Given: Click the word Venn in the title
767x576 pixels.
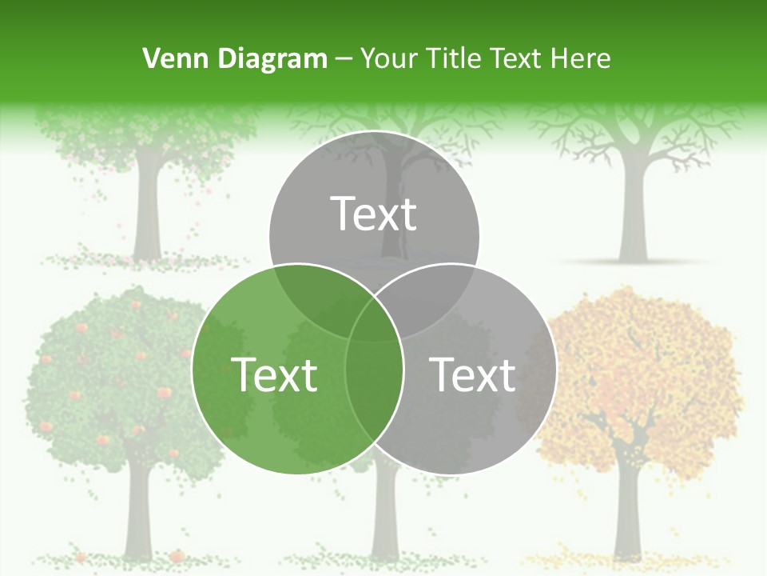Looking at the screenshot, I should click(x=170, y=58).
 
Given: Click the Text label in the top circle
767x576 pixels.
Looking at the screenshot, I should click(x=374, y=214).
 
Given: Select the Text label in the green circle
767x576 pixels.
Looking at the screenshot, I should click(x=274, y=374).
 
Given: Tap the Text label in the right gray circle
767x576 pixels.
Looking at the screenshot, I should click(x=472, y=374).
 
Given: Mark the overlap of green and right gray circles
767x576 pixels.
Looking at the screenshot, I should click(x=374, y=384).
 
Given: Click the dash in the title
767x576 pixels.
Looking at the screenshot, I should click(x=344, y=58).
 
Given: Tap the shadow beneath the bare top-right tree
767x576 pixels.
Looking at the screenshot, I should click(x=631, y=262).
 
